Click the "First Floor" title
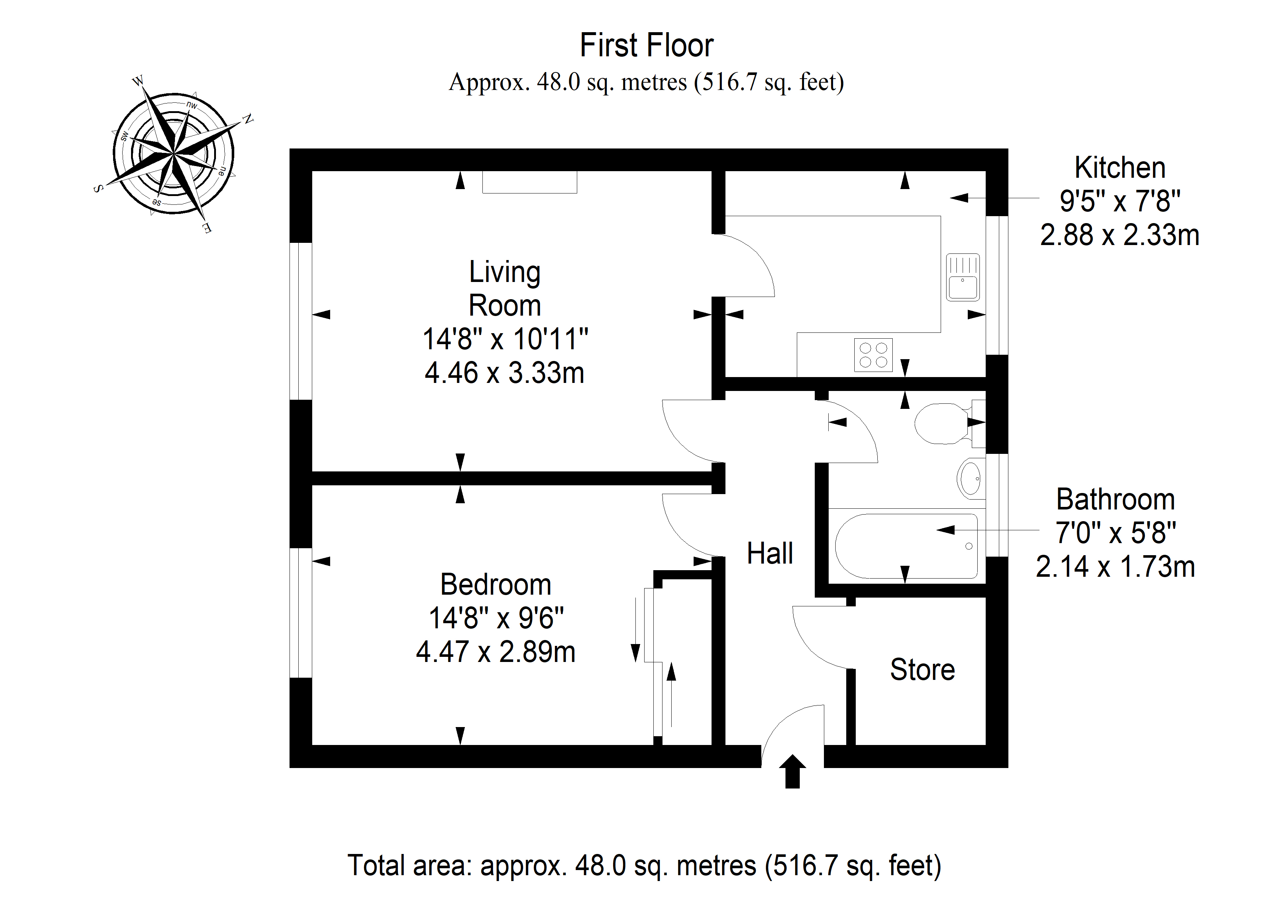point(646,45)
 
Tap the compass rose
point(174,153)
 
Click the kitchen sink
point(962,277)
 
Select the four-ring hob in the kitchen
point(873,355)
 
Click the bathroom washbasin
point(970,478)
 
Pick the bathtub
point(906,546)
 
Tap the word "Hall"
point(769,554)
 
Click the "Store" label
point(922,670)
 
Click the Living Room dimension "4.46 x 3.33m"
point(504,373)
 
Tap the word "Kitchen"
point(1120,168)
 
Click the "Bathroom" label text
point(1115,500)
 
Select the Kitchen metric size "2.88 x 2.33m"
point(1120,235)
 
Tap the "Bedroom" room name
point(496,584)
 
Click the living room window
point(300,321)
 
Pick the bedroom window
point(300,613)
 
